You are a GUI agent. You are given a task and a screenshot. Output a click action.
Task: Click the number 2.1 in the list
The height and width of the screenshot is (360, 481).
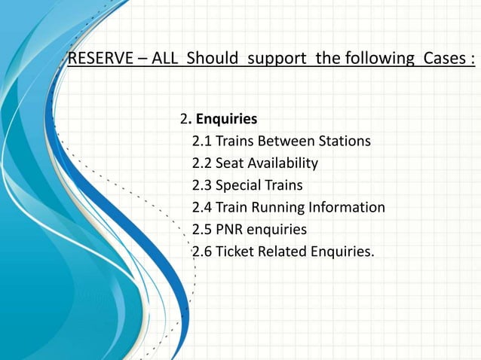click(202, 142)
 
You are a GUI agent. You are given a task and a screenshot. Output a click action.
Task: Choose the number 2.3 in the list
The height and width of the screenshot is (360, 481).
click(202, 185)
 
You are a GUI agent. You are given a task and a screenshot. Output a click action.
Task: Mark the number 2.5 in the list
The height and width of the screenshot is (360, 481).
click(202, 229)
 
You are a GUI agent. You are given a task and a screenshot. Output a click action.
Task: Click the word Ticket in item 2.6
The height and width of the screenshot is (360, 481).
click(235, 251)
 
